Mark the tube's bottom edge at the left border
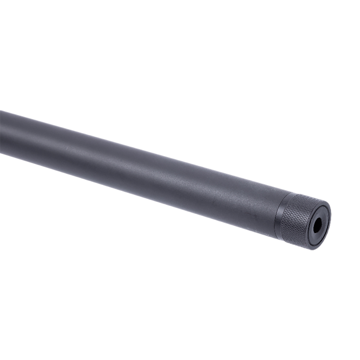1,153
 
